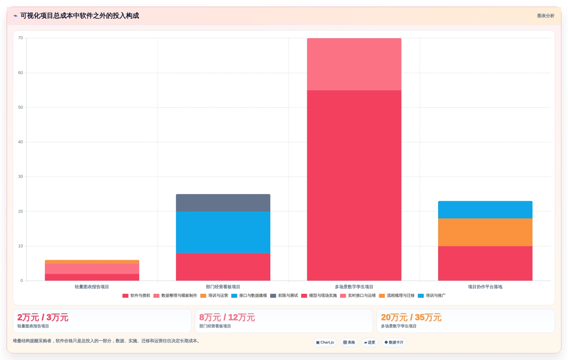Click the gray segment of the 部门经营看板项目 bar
223,203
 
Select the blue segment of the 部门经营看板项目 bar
223,232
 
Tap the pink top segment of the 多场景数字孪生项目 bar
354,64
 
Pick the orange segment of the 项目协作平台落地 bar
485,232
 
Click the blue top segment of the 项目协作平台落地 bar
485,210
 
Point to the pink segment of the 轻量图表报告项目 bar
92,269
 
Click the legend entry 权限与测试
284,296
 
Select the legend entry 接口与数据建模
249,296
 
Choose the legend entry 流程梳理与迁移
397,296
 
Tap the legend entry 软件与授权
136,296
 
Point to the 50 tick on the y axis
20,107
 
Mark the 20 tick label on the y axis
20,211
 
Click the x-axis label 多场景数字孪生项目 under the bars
354,287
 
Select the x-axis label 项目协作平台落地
485,287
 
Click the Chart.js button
325,343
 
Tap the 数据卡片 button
394,343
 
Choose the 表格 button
349,343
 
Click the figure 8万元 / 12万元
227,318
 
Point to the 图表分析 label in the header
546,16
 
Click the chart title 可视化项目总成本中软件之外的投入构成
80,16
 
